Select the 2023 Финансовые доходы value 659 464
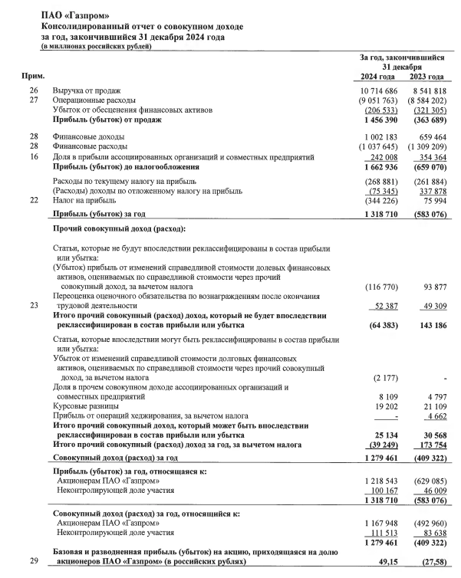428,138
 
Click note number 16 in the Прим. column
33,157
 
